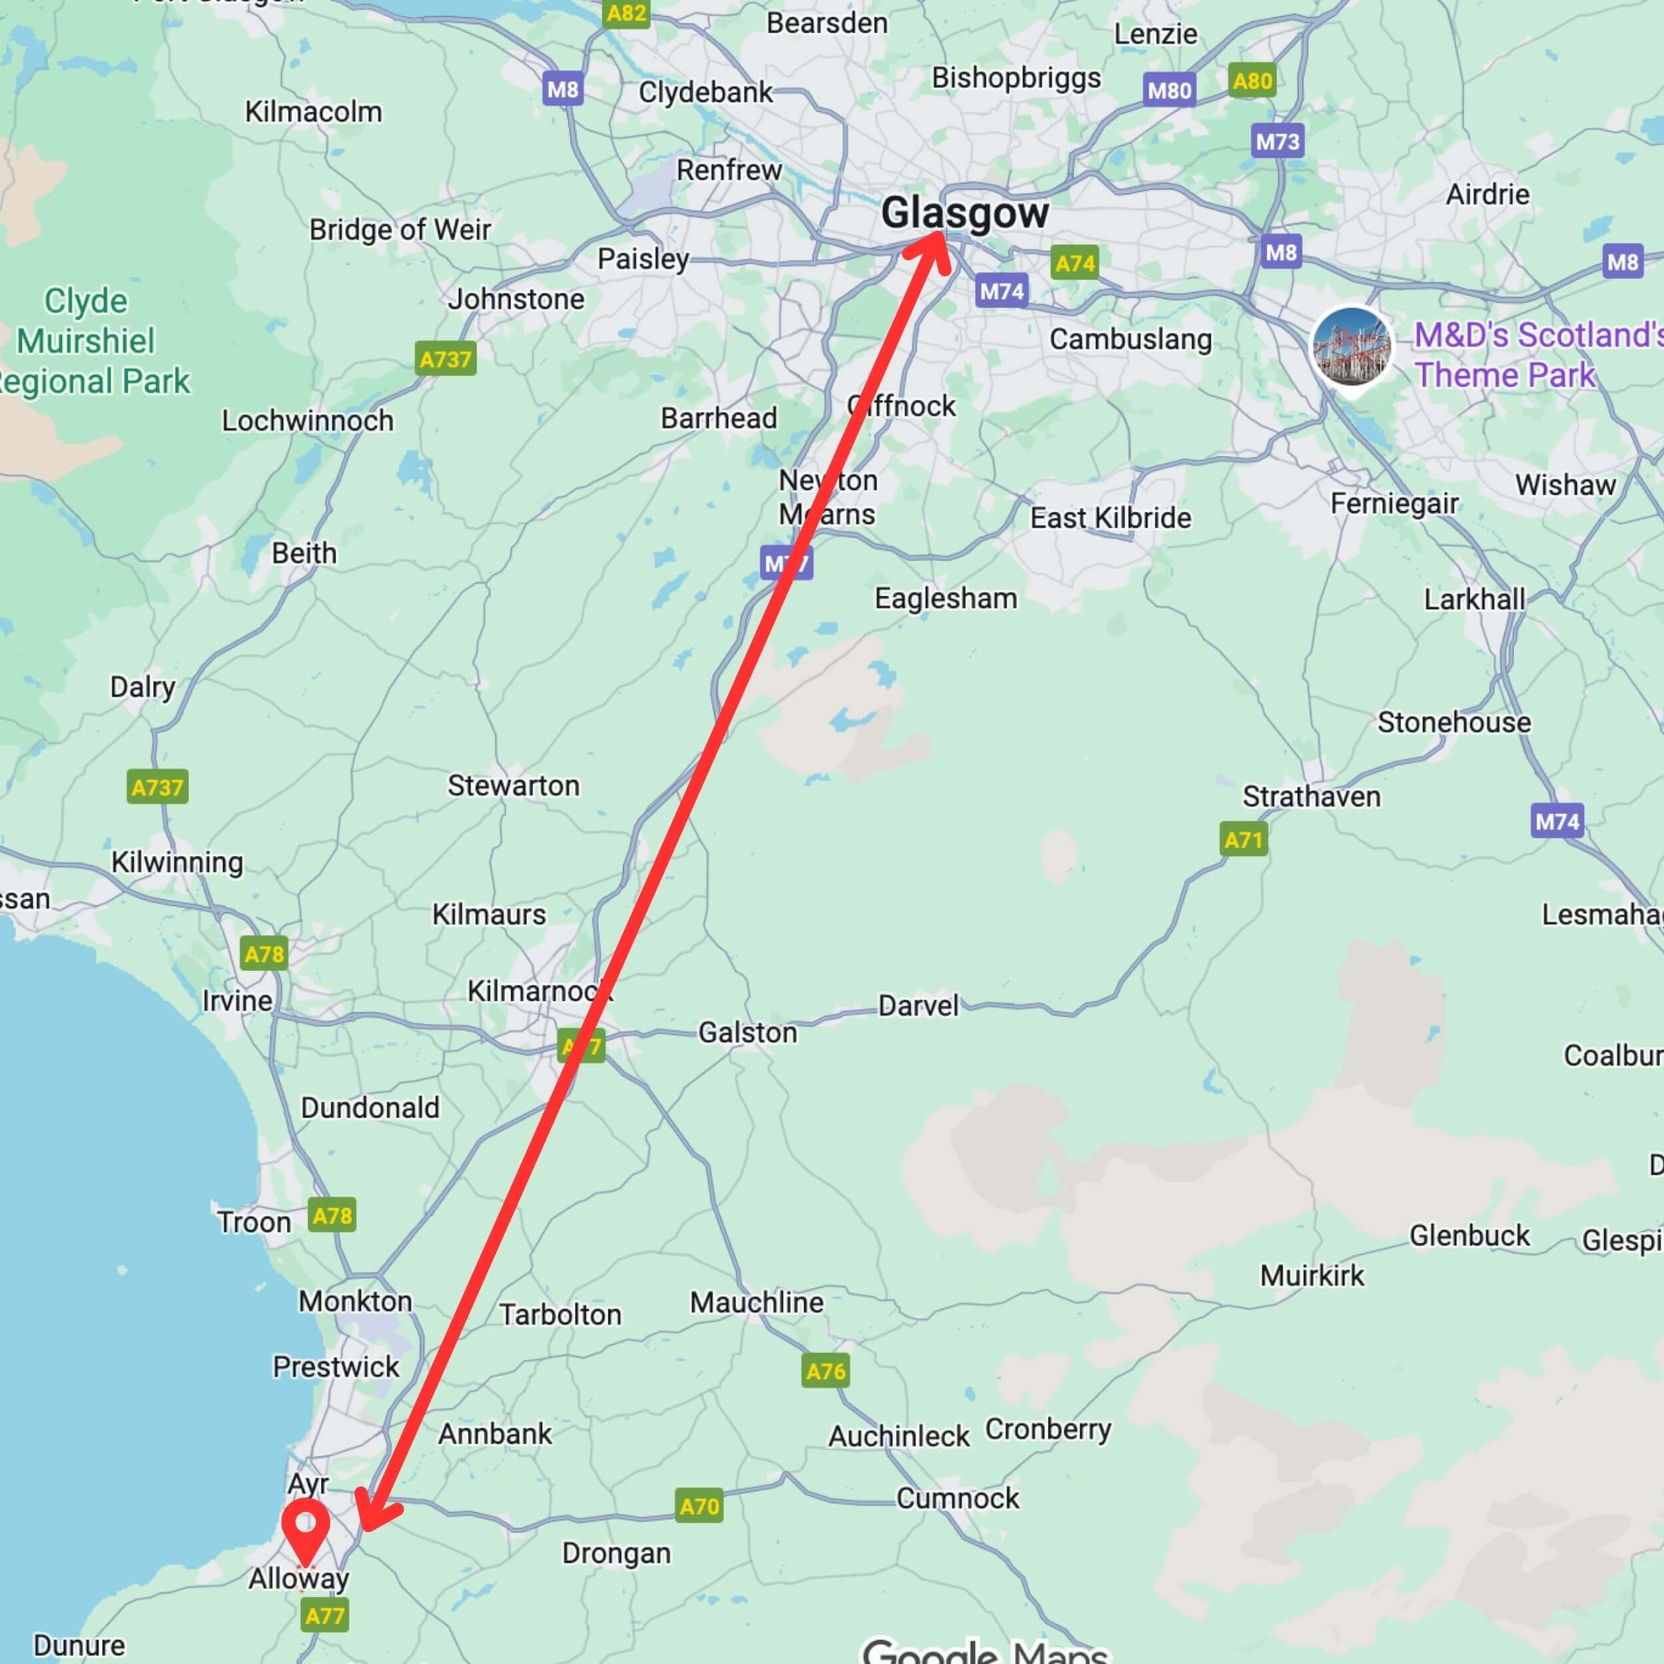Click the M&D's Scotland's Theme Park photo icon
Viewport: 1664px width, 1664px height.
(1351, 347)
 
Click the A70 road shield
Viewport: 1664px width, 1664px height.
(698, 1506)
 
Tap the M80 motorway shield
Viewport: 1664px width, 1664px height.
(1169, 91)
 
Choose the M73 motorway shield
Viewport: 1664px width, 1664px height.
(1277, 141)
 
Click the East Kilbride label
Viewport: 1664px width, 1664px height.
(1110, 518)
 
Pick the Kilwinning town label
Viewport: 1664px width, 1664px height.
(178, 861)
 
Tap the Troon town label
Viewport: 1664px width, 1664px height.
(254, 1221)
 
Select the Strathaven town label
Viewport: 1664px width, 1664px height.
(1311, 796)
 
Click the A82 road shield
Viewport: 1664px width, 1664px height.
(626, 14)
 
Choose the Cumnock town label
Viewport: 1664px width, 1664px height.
(957, 1498)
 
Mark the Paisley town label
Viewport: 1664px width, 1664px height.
(644, 258)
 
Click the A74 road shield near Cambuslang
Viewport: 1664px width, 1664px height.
(1075, 263)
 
